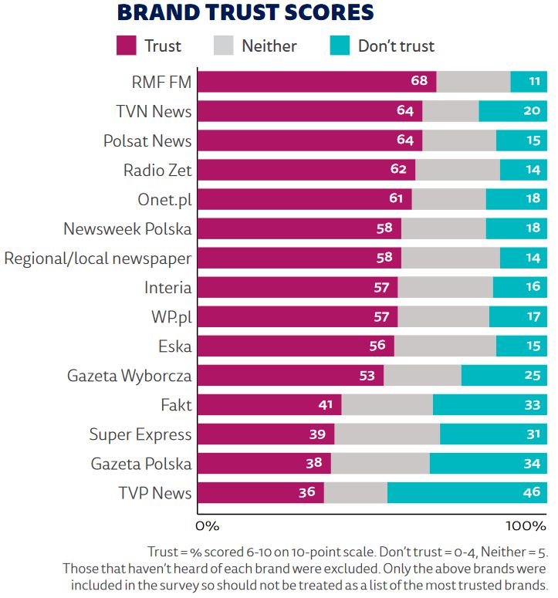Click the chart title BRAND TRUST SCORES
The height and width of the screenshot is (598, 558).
tap(245, 12)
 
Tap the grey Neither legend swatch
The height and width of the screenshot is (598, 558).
tap(223, 45)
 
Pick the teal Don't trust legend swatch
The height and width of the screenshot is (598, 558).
tap(339, 45)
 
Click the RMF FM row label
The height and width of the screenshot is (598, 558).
tap(161, 82)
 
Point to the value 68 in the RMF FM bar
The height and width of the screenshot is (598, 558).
tap(419, 82)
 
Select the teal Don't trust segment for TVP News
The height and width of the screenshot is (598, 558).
tap(467, 493)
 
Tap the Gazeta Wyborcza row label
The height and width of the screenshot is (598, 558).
tap(130, 376)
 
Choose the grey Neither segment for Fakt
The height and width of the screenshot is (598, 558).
tap(387, 405)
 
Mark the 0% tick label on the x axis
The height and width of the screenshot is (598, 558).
tap(208, 526)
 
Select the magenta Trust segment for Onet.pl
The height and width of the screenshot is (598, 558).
tap(305, 199)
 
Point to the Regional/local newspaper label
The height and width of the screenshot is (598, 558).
tap(98, 258)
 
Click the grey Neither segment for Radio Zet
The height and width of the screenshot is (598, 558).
tap(457, 170)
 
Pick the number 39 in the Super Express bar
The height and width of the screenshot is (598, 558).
tap(316, 434)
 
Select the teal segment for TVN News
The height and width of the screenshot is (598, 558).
tap(512, 111)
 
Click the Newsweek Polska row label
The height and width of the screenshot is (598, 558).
tap(127, 228)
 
